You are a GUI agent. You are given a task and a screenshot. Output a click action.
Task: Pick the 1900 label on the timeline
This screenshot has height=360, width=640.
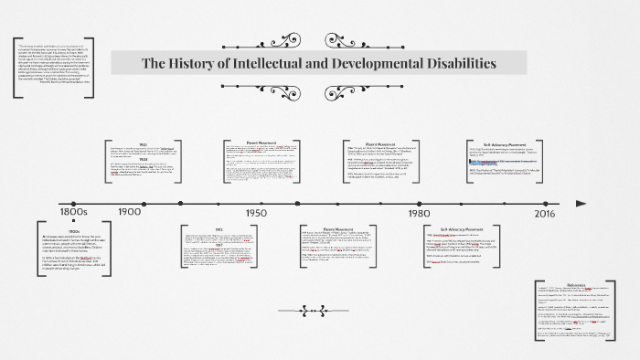click(130, 211)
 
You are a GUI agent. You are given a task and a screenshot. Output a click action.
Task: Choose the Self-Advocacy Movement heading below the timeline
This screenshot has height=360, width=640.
click(461, 228)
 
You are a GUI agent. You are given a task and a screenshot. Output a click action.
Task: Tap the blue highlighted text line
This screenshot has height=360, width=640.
click(507, 161)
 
